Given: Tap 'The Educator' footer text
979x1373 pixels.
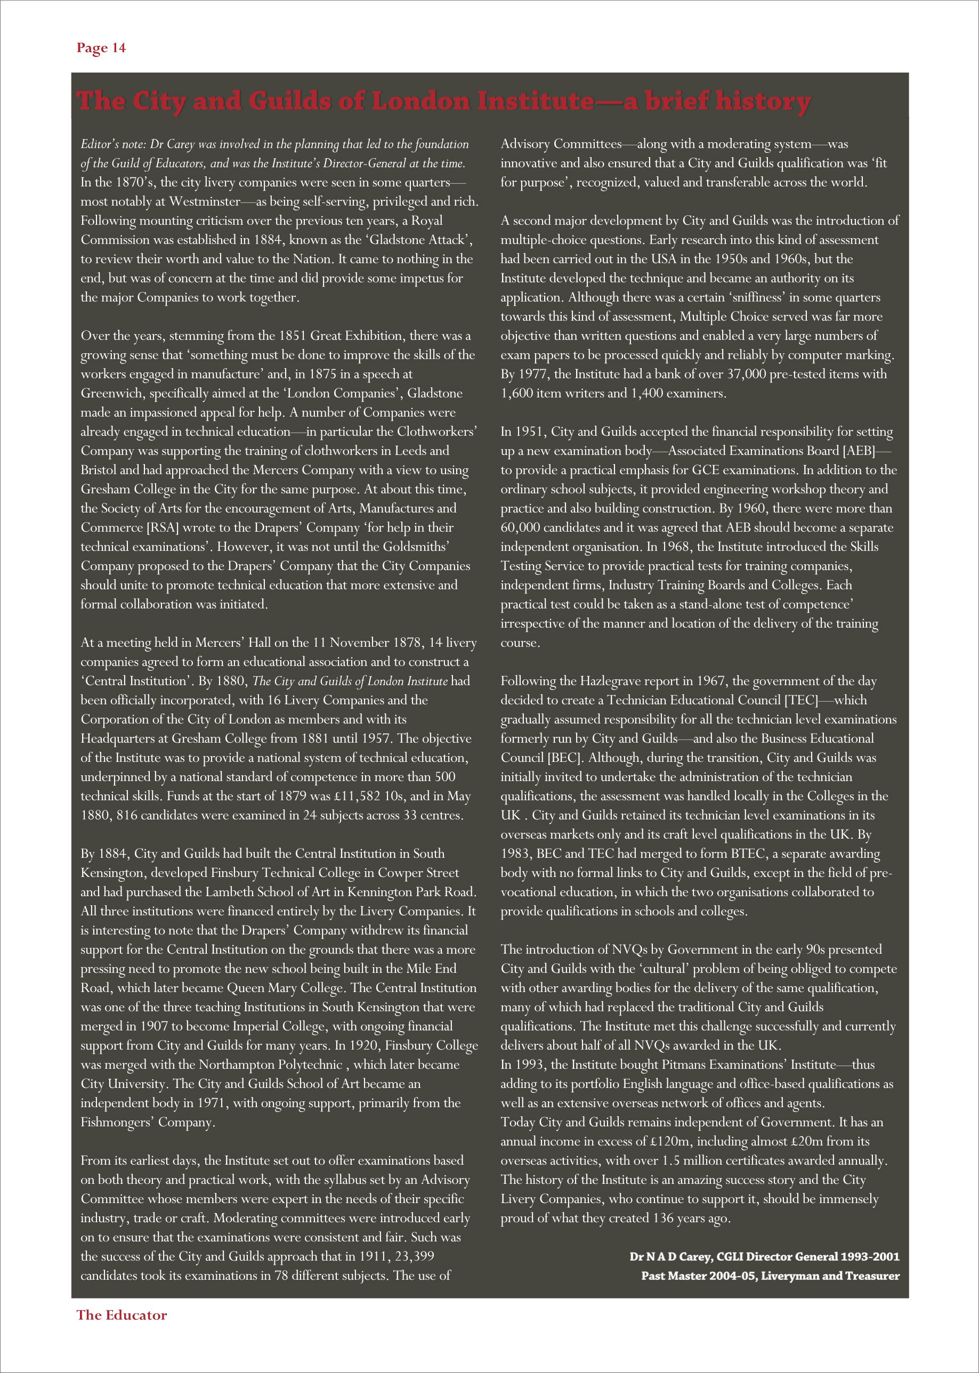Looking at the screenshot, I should pos(121,1314).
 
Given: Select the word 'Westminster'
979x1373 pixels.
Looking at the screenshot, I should pos(204,201).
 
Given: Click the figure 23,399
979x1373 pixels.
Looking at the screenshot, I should pos(414,1256).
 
